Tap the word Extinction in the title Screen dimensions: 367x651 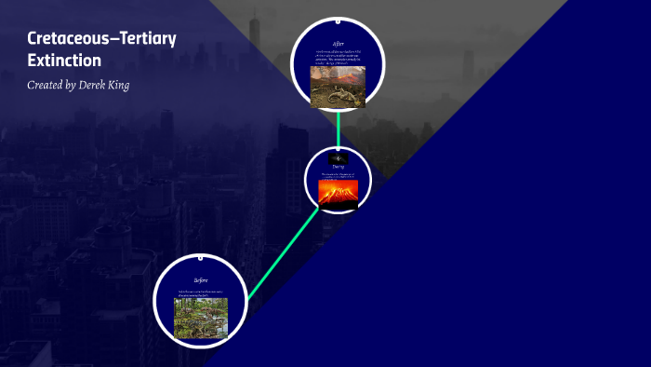(64, 61)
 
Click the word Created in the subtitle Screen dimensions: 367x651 (47, 85)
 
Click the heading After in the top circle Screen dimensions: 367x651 (338, 44)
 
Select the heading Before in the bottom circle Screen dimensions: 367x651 (200, 279)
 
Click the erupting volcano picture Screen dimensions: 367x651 (338, 192)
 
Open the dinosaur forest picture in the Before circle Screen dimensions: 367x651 (200, 318)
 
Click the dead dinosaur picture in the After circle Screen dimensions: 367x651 (338, 86)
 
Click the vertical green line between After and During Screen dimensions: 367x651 (338, 128)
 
